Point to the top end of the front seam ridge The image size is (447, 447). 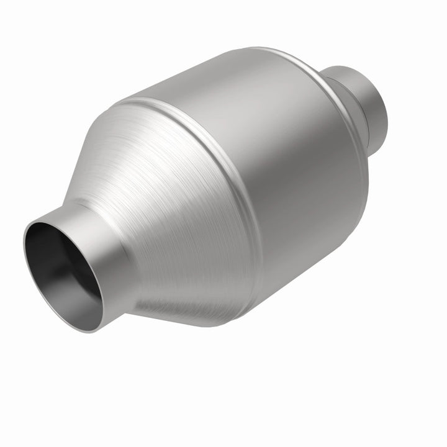tap(133, 99)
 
